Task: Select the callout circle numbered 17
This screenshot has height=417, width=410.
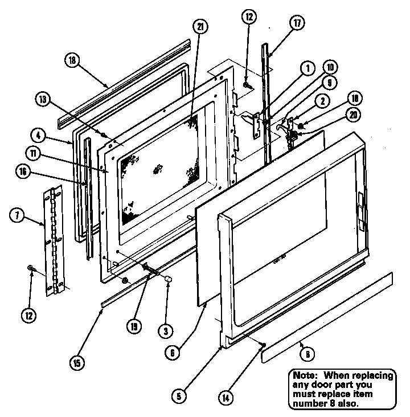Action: click(297, 24)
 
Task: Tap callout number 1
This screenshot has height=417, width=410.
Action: click(307, 68)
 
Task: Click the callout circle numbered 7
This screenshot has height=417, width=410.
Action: click(18, 215)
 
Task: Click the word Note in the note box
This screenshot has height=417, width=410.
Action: click(306, 375)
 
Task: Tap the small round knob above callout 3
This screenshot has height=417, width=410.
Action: click(169, 279)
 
